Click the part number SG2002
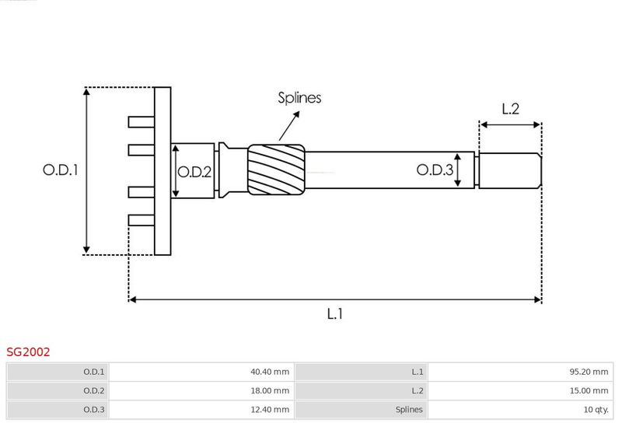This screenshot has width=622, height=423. (x=28, y=352)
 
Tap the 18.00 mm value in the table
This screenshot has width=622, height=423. (x=270, y=390)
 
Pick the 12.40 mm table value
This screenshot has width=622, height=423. (x=270, y=410)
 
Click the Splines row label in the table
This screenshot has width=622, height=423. (x=409, y=410)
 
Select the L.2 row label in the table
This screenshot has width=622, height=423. (x=418, y=390)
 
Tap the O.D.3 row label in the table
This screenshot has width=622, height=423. (x=93, y=410)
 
